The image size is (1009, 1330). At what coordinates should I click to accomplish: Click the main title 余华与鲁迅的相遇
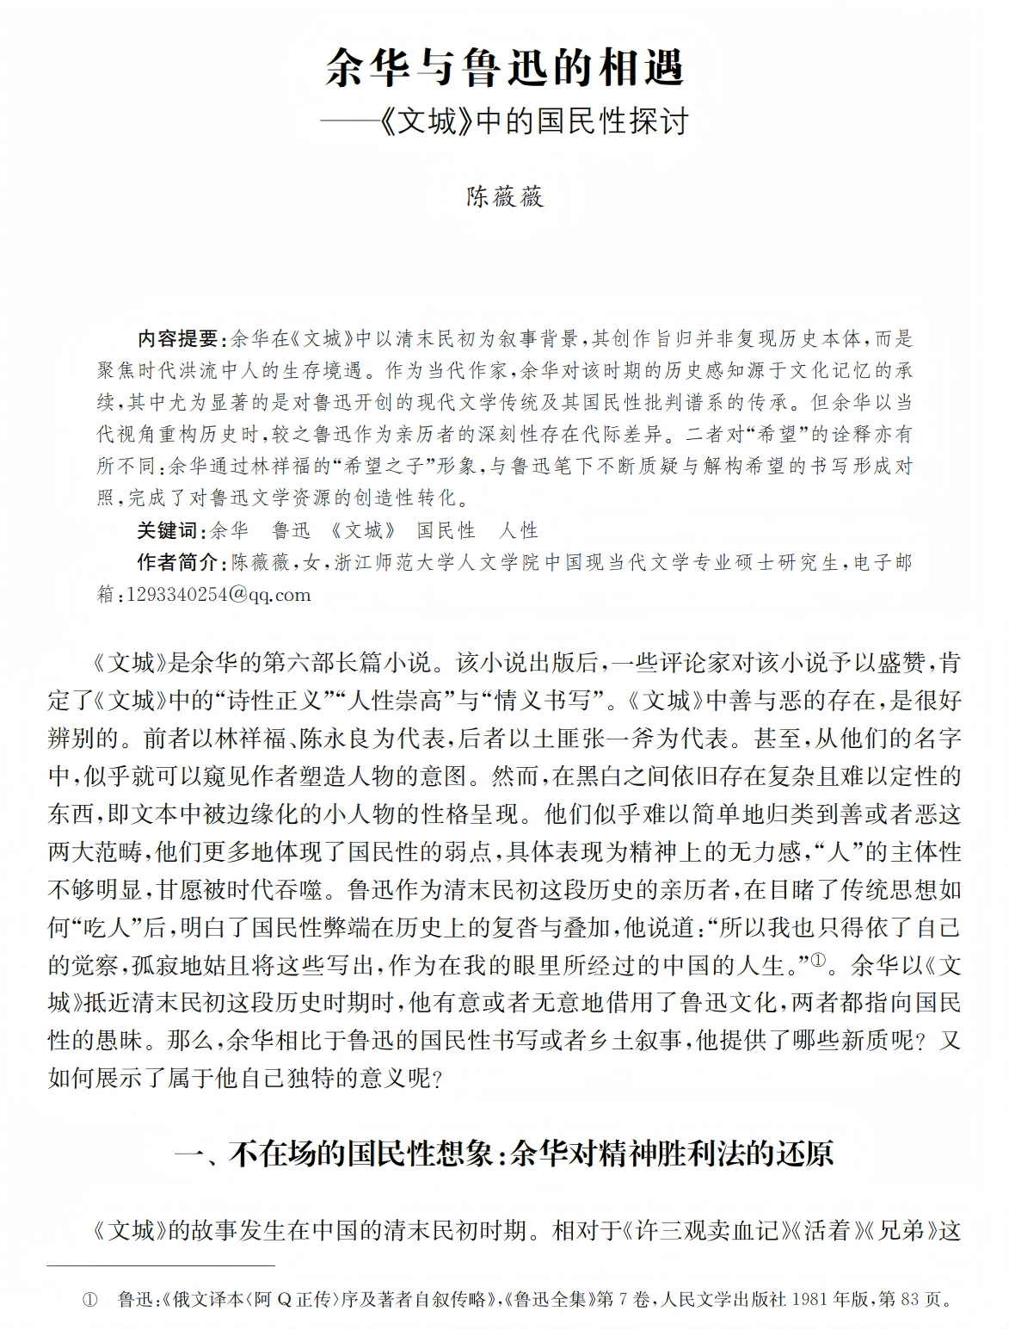click(x=504, y=67)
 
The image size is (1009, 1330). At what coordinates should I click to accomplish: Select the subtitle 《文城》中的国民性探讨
click(x=533, y=121)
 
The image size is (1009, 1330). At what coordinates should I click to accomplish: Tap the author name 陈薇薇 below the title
click(x=505, y=197)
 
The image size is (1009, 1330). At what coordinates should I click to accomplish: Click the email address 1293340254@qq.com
click(x=218, y=595)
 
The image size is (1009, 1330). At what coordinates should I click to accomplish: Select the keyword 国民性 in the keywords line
click(x=446, y=530)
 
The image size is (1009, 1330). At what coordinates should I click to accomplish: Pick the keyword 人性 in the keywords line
click(x=518, y=530)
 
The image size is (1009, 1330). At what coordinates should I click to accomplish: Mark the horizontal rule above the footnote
click(x=161, y=1266)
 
